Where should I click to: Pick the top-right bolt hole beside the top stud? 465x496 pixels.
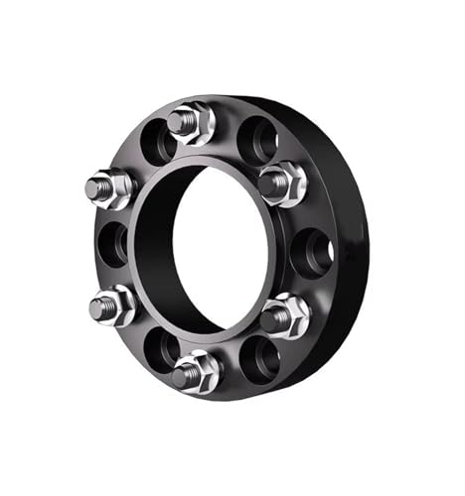[x=256, y=138]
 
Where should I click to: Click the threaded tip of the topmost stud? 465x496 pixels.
[x=179, y=121]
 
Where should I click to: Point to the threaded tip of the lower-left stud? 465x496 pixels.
[x=98, y=307]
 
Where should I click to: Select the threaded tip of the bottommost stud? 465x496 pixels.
[x=182, y=375]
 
